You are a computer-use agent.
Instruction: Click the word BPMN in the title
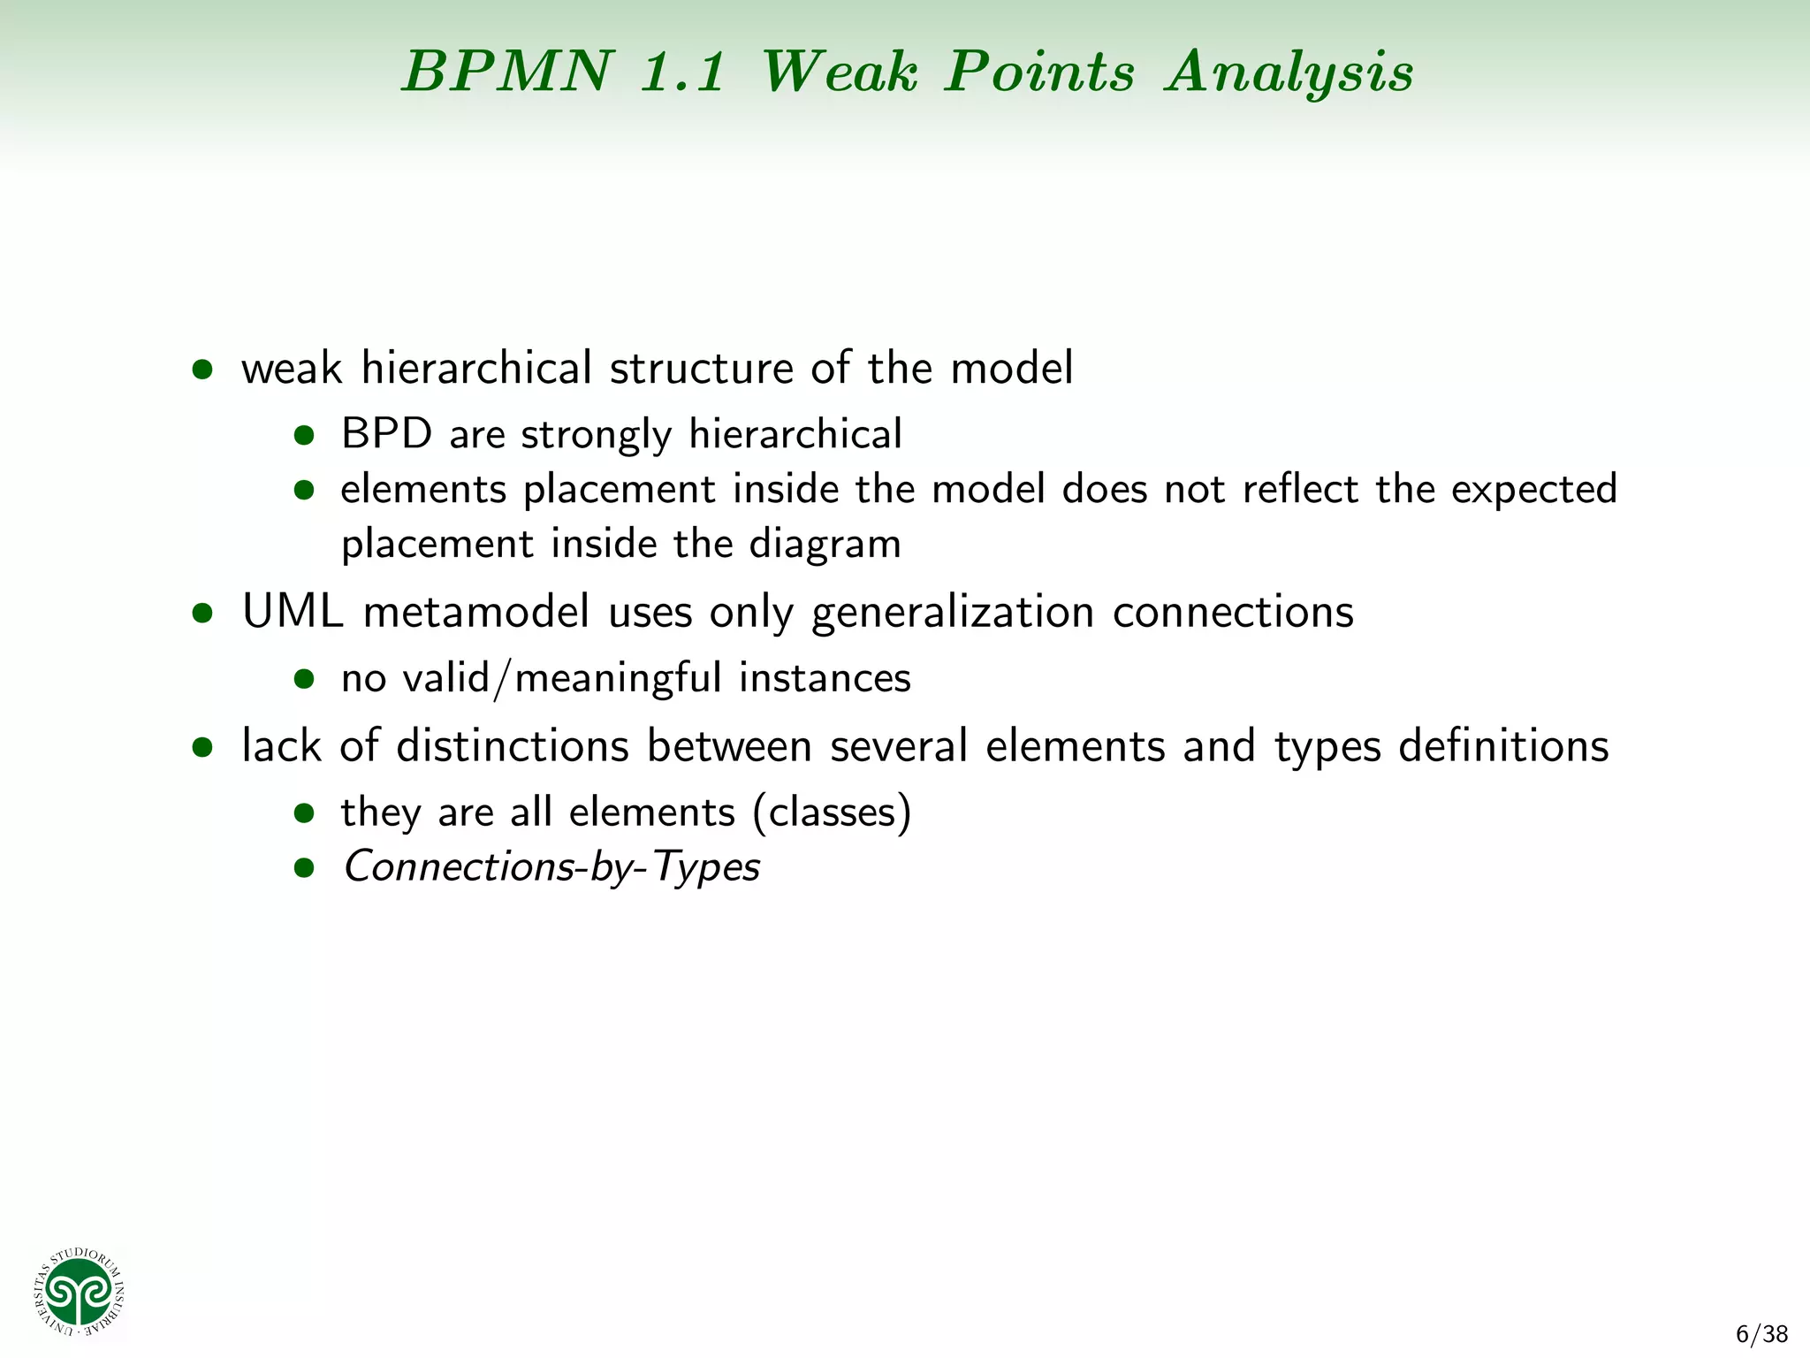[x=507, y=71]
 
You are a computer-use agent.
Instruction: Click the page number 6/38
[x=1761, y=1334]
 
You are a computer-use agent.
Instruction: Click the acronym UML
[x=293, y=612]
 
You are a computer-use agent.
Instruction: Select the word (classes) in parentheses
[x=831, y=813]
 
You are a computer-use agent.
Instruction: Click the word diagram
[x=825, y=545]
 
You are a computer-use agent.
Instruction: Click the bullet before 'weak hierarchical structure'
[x=202, y=370]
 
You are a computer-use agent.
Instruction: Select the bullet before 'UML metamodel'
[x=202, y=614]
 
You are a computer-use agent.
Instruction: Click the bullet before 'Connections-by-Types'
[x=304, y=868]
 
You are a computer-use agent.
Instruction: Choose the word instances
[x=824, y=679]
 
